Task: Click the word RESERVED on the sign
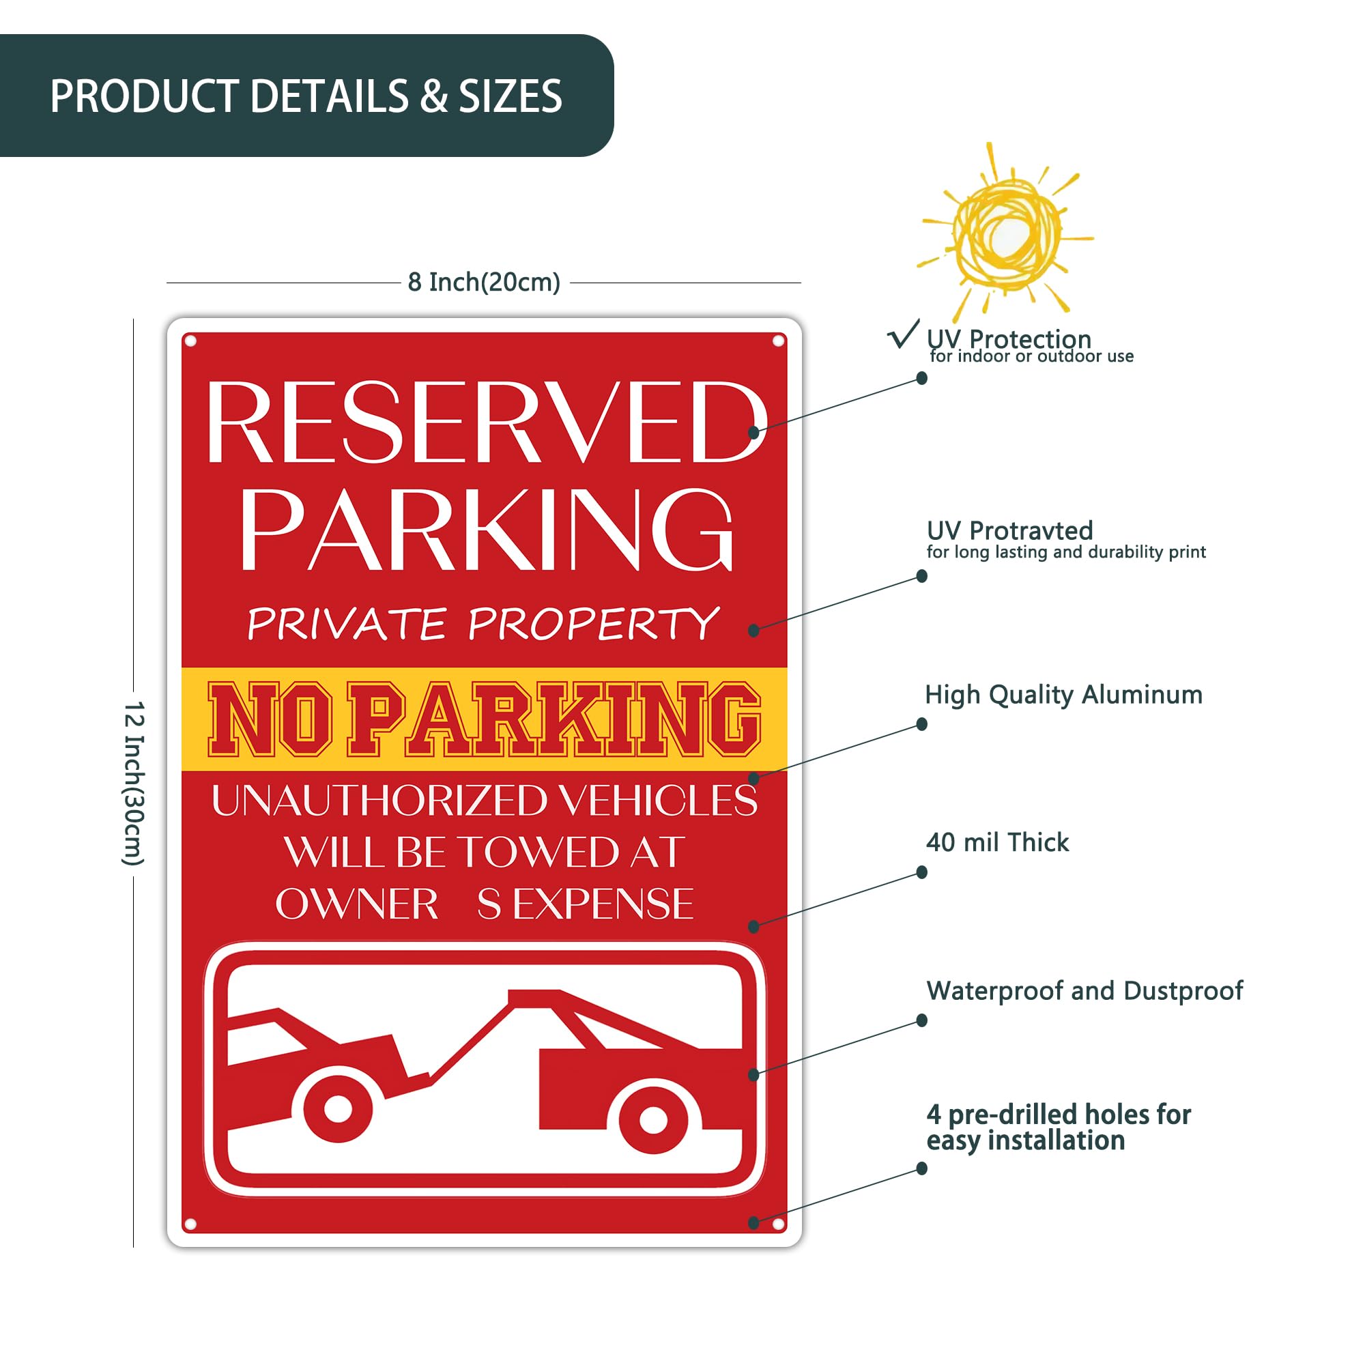(486, 422)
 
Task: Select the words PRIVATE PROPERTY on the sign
(483, 623)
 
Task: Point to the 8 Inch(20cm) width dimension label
(484, 282)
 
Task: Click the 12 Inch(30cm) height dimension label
(134, 783)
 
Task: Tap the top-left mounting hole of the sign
(190, 341)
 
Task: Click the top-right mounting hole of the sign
(779, 341)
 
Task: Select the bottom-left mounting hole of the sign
(190, 1224)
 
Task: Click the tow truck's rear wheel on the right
(653, 1119)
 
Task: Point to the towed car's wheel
(338, 1108)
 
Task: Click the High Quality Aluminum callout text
(1063, 695)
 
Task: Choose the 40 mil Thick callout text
(998, 842)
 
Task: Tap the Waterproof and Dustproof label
(1084, 990)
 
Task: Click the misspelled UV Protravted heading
(1009, 530)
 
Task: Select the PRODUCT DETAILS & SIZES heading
(306, 96)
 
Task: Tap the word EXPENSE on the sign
(603, 904)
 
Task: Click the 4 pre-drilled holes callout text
(1059, 1127)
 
